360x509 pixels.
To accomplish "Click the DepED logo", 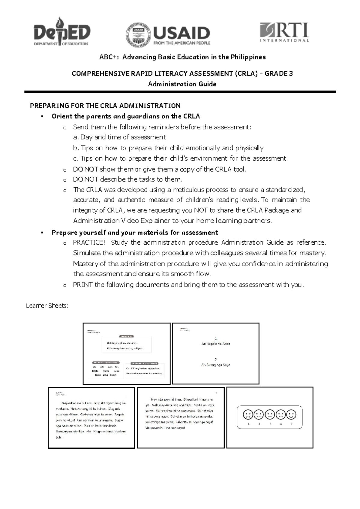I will (62, 32).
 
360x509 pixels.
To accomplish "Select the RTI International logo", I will (284, 32).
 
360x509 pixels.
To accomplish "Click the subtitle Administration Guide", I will (182, 84).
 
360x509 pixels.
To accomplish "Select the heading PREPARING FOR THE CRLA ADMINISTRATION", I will (105, 106).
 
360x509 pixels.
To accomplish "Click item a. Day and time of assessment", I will (119, 137).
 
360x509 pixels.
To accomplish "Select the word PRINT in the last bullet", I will (82, 285).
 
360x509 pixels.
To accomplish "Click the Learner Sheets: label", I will (47, 306).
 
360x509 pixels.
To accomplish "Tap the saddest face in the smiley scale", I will (248, 415).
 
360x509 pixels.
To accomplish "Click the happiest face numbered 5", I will (291, 415).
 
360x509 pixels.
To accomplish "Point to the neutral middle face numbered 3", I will (270, 415).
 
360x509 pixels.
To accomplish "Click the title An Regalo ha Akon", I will (216, 344).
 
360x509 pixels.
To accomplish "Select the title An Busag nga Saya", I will (216, 365).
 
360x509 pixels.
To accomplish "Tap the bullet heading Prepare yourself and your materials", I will (135, 233).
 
